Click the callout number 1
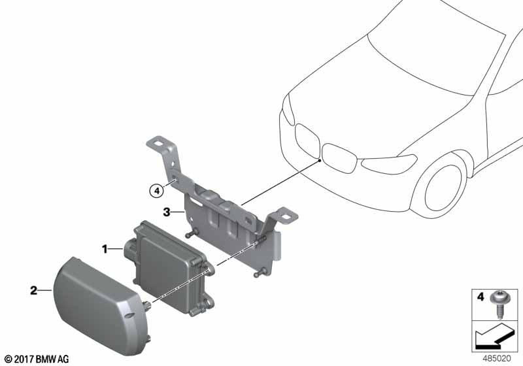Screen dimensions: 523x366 click(x=105, y=249)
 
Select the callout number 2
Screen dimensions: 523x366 click(x=34, y=290)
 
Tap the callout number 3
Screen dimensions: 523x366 click(x=167, y=212)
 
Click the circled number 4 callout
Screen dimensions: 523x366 click(x=156, y=191)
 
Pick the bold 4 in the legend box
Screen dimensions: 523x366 click(x=481, y=296)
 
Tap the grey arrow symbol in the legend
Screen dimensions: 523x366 click(x=492, y=337)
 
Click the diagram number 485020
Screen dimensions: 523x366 click(x=497, y=359)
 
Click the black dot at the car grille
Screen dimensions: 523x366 click(x=320, y=161)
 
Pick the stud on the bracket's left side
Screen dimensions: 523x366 click(x=192, y=233)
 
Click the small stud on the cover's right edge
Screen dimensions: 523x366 click(x=146, y=305)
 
